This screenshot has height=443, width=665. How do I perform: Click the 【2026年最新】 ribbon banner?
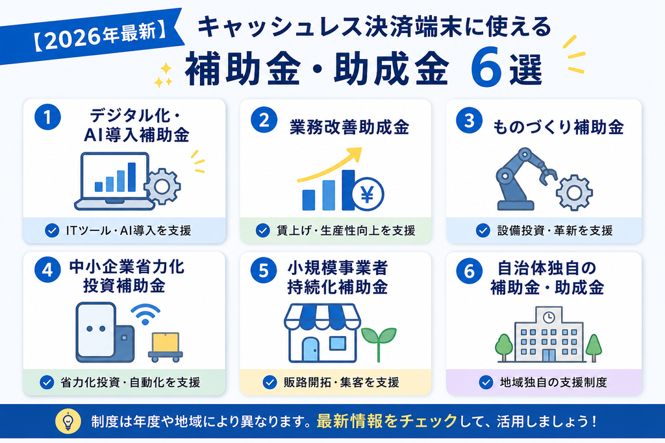click(91, 37)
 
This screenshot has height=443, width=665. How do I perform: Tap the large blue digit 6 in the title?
click(486, 67)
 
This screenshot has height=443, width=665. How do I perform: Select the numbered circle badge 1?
click(47, 117)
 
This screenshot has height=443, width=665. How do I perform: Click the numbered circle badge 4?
click(47, 270)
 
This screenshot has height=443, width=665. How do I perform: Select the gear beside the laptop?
click(162, 186)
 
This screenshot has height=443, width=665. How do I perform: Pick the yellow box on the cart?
click(166, 342)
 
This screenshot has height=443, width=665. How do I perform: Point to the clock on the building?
click(549, 317)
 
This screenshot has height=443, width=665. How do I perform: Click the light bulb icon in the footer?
click(68, 422)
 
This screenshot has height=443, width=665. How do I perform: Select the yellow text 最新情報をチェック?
click(387, 422)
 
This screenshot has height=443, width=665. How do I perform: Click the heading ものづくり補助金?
click(558, 127)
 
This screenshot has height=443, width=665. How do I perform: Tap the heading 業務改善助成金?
click(349, 127)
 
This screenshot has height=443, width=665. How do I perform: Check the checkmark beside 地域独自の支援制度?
click(486, 382)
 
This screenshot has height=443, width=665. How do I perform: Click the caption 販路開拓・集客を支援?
click(342, 383)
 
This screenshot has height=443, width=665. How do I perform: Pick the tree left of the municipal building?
click(504, 347)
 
